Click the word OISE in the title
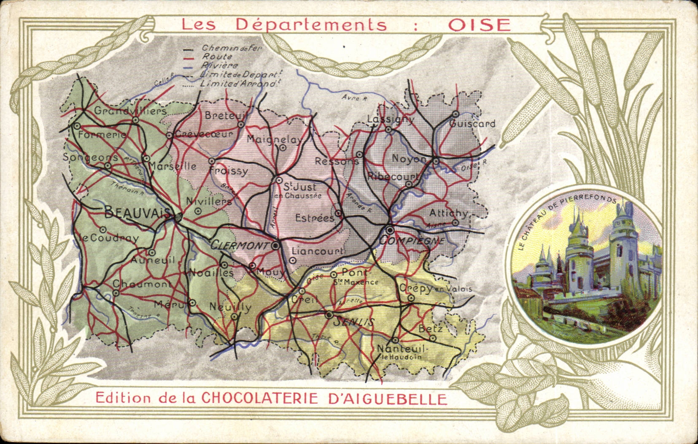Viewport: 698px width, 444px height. click(x=479, y=24)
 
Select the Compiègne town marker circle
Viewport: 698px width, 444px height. click(x=390, y=230)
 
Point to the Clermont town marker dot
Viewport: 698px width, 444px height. click(x=275, y=245)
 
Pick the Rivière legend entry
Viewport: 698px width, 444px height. click(x=220, y=65)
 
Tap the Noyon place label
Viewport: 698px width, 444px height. click(x=409, y=159)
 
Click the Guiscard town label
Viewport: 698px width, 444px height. click(x=472, y=124)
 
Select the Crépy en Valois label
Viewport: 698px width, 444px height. click(x=434, y=289)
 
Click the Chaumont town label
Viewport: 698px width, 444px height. click(x=142, y=284)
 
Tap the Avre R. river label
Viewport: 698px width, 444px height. click(x=355, y=98)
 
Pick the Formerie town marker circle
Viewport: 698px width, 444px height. click(x=77, y=126)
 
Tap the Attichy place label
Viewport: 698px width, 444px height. click(x=448, y=213)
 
